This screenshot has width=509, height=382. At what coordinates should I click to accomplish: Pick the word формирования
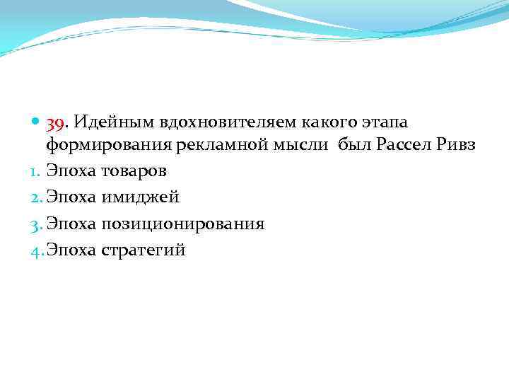click(x=102, y=146)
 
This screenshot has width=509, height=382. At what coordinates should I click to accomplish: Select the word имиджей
click(x=139, y=198)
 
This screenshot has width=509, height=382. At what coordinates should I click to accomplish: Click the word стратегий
click(x=144, y=250)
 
